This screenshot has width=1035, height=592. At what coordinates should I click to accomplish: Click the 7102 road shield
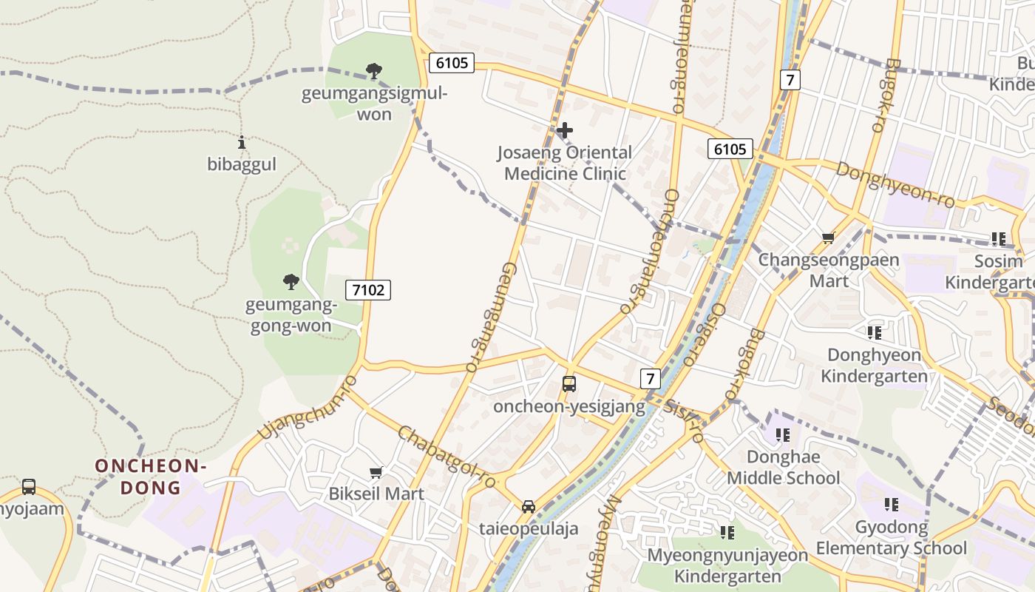[368, 289]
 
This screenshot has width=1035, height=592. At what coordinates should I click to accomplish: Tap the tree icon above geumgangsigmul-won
[374, 71]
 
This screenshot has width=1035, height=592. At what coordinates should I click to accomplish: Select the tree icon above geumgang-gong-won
[291, 281]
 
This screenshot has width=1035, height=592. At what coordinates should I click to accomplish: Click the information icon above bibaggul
[242, 142]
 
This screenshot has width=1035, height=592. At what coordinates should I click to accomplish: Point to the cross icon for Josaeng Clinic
[565, 131]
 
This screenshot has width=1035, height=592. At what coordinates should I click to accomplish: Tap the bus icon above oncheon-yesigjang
[569, 384]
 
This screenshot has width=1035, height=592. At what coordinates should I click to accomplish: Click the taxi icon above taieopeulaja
[528, 507]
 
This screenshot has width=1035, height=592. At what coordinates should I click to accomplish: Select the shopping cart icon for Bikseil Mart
[376, 472]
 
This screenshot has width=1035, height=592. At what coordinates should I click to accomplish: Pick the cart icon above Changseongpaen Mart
[828, 238]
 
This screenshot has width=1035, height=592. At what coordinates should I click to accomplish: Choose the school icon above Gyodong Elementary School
[892, 505]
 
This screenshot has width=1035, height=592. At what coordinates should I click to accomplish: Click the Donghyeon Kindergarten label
[874, 366]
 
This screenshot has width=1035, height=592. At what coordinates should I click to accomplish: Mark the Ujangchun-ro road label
[308, 407]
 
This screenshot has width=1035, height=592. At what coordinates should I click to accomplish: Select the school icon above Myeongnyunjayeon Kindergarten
[727, 532]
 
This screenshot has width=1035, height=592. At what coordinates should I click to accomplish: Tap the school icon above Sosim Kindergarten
[999, 239]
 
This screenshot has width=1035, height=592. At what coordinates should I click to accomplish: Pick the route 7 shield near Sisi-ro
[650, 379]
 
